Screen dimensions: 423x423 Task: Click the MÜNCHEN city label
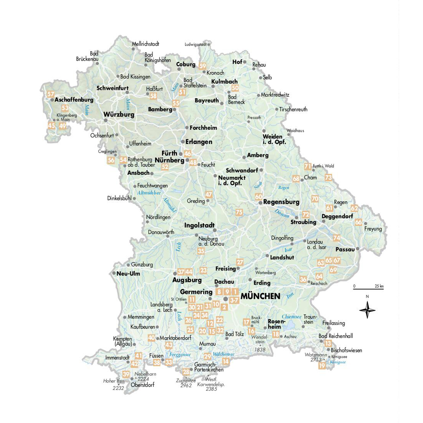[x=260, y=296]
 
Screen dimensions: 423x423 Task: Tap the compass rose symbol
[x=367, y=311]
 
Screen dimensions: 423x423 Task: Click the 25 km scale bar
[x=369, y=288]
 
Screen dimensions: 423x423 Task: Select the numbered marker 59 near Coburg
[x=202, y=66]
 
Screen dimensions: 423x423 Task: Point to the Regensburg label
[x=281, y=202]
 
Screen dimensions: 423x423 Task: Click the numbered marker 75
[x=239, y=212]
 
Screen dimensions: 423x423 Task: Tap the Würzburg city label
[x=119, y=115]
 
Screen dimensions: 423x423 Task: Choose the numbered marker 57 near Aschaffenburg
[x=51, y=94]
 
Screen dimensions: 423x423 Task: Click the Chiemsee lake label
[x=292, y=317]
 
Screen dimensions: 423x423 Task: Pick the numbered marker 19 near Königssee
[x=322, y=366]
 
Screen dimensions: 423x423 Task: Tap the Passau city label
[x=345, y=249]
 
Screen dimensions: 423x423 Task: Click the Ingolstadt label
[x=200, y=225]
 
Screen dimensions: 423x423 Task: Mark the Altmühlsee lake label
[x=149, y=193]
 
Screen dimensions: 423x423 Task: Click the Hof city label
[x=237, y=62]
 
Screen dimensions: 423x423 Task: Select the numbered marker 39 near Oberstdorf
[x=126, y=374]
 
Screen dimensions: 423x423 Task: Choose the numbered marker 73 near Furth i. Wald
[x=328, y=177]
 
